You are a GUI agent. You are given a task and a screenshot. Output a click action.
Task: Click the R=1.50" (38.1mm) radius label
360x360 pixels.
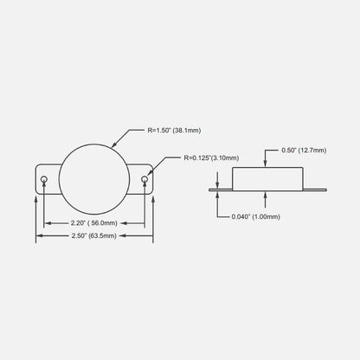click(x=174, y=130)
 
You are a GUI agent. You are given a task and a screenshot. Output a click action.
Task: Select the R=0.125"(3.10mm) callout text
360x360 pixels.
click(x=211, y=157)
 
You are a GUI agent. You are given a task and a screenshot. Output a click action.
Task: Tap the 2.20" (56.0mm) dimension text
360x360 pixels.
click(x=94, y=223)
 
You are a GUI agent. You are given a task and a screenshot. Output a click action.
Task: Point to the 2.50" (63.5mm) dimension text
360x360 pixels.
click(x=94, y=235)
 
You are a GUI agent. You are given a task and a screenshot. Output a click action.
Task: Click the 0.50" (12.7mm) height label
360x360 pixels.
click(x=304, y=151)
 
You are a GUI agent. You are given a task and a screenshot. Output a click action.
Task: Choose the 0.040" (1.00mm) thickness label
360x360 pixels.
click(x=256, y=216)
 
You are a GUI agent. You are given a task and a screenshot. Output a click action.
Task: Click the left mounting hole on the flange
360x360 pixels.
click(x=44, y=179)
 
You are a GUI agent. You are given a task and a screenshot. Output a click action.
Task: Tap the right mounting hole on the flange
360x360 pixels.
click(x=145, y=179)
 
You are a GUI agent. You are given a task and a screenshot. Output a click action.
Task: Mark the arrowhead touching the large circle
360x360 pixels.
click(x=113, y=145)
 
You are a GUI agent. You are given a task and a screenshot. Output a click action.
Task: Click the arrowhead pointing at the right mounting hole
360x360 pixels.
click(x=149, y=172)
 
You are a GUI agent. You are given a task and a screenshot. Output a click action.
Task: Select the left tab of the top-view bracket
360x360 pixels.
click(x=48, y=179)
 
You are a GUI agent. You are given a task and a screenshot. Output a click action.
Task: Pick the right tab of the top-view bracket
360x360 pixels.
click(x=140, y=179)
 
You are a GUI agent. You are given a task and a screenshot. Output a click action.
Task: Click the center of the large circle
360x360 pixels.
click(x=94, y=179)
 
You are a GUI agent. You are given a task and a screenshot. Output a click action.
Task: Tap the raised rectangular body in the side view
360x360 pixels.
click(x=267, y=178)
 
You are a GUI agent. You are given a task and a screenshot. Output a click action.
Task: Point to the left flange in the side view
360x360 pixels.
click(x=221, y=190)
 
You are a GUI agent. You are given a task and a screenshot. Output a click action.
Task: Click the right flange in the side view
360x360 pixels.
click(x=315, y=190)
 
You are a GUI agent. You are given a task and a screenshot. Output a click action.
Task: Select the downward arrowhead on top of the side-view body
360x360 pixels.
click(x=266, y=164)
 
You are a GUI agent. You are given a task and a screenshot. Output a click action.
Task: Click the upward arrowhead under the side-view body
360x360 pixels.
click(x=266, y=195)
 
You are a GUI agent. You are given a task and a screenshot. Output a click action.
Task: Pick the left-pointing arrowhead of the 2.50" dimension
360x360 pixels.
click(x=40, y=235)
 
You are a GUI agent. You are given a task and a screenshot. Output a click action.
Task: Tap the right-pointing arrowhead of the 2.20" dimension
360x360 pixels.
click(x=141, y=223)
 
